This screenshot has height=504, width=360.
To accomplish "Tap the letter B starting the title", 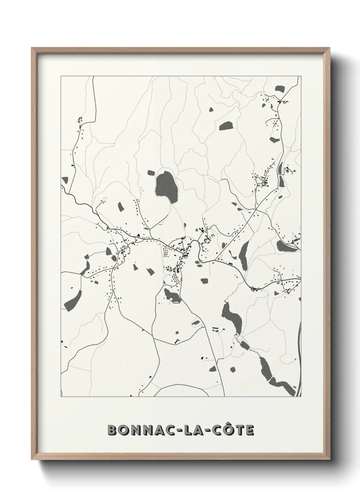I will [x=112, y=430].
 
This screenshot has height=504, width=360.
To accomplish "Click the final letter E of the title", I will [x=249, y=430].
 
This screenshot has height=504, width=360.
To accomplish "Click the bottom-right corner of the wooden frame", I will [x=330, y=460].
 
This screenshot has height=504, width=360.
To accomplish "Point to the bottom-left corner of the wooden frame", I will [x=32, y=460].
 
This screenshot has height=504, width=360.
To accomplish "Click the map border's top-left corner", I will [x=61, y=77].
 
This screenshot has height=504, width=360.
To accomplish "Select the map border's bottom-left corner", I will [x=61, y=397].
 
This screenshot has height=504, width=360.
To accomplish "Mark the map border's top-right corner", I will [x=301, y=77].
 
